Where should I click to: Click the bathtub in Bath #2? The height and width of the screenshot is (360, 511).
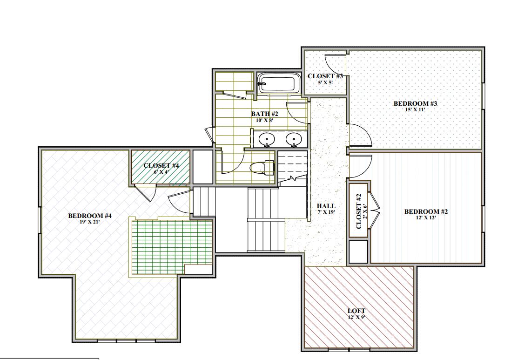[277, 84]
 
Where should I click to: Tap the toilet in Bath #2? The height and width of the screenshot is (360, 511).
[263, 167]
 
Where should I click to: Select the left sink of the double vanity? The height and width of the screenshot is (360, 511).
[267, 138]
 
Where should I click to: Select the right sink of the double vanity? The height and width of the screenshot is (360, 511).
[293, 138]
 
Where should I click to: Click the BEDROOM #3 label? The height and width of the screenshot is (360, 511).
[416, 103]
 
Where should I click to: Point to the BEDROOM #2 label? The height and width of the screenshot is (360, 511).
[426, 211]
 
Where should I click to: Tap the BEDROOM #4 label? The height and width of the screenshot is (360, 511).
[90, 216]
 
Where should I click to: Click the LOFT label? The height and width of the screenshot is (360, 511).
[356, 311]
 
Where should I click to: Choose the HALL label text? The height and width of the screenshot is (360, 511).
[326, 206]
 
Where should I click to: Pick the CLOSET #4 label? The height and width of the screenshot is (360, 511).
[161, 165]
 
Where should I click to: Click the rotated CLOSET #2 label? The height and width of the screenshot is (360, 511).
[359, 211]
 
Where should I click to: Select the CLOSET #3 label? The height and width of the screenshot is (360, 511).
[325, 76]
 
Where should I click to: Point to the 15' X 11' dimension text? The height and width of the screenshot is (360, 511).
[416, 110]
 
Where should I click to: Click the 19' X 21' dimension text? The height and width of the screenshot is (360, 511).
[90, 222]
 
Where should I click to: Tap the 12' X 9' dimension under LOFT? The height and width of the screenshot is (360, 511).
[356, 317]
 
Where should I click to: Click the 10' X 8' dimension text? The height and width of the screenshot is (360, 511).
[264, 120]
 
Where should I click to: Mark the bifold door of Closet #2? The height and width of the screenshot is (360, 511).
[375, 212]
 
